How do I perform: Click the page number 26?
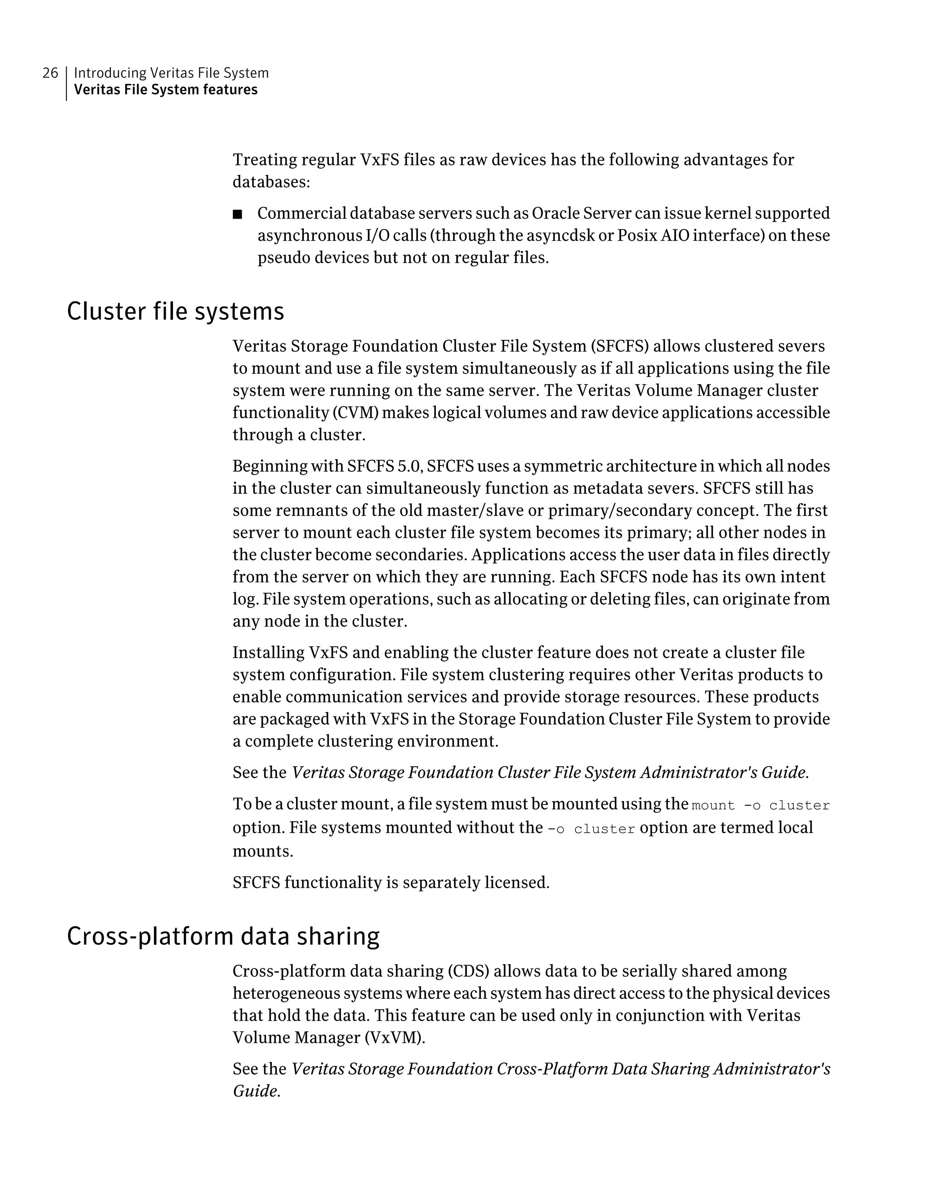[50, 73]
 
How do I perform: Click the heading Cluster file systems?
[175, 311]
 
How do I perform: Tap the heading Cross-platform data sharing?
[223, 935]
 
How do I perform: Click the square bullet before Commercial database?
[237, 214]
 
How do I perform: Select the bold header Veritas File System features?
[165, 90]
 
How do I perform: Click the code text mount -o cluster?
[760, 805]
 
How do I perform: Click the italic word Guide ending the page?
[255, 1091]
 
